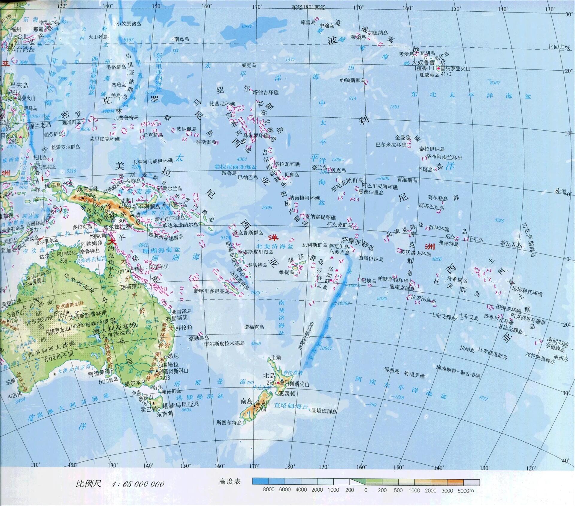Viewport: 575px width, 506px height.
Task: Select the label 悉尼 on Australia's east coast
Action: (173, 356)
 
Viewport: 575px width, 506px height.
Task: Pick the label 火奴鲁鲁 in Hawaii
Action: (423, 63)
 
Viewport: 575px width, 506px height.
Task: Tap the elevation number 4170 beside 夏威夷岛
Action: (446, 74)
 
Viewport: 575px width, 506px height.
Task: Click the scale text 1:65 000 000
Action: (138, 484)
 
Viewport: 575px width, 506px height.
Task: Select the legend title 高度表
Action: (230, 482)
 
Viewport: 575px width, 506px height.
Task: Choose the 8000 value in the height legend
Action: (269, 490)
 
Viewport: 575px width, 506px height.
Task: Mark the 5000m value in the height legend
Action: (466, 491)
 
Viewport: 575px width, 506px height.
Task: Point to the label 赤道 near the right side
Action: (561, 191)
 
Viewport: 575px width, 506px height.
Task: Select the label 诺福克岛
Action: (254, 327)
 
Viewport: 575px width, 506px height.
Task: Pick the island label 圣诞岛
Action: (425, 170)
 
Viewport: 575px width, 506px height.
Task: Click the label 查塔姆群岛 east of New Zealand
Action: (324, 411)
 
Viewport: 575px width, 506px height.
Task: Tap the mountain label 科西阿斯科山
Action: (173, 371)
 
